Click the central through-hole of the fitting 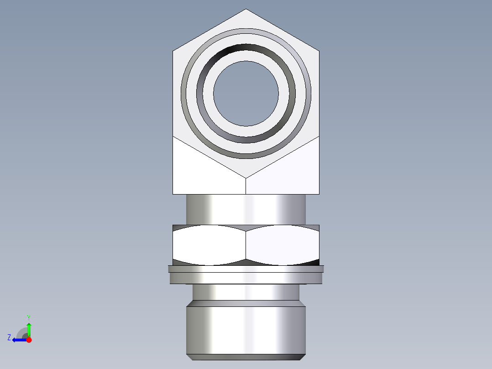pyautogui.click(x=246, y=94)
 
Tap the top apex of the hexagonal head pyautogui.click(x=246, y=10)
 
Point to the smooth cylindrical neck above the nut pyautogui.click(x=246, y=209)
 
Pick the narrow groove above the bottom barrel pyautogui.click(x=246, y=292)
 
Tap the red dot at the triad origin pyautogui.click(x=29, y=340)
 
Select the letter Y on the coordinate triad pyautogui.click(x=28, y=317)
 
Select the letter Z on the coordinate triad pyautogui.click(x=9, y=337)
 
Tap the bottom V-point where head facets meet pyautogui.click(x=246, y=178)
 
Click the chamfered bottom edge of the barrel pyautogui.click(x=246, y=357)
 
